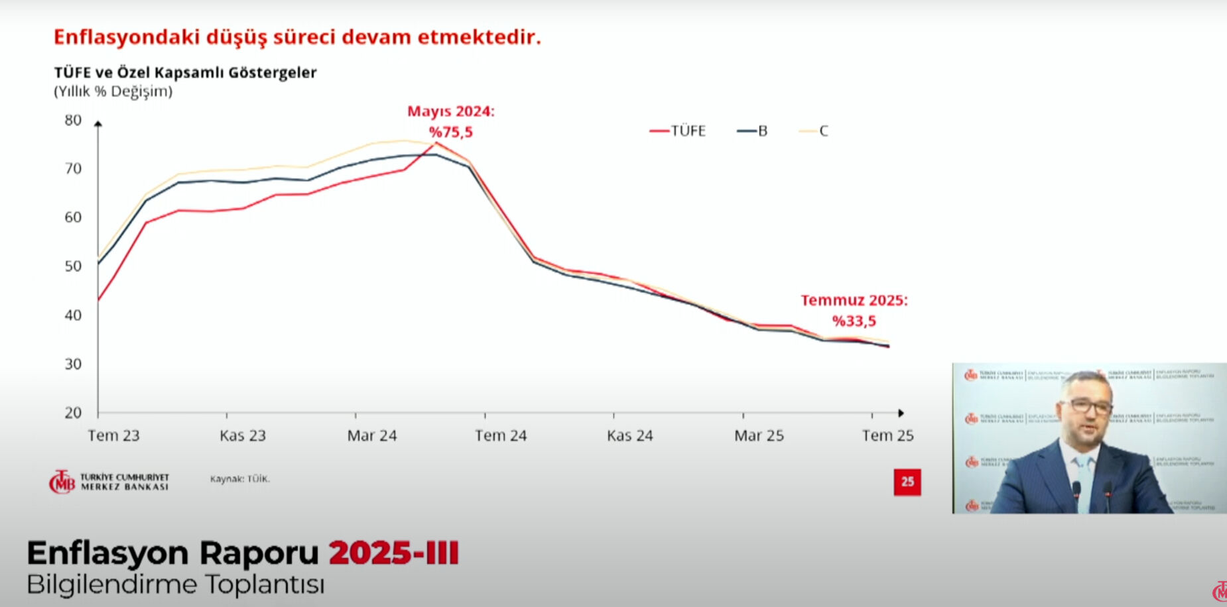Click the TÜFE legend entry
point(678,131)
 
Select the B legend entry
point(753,131)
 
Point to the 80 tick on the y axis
point(73,120)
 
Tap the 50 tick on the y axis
point(73,266)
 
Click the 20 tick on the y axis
point(73,413)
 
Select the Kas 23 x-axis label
point(242,435)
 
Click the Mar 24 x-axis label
point(371,435)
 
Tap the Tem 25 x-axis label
point(887,435)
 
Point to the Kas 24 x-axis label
point(629,435)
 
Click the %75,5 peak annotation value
point(451,132)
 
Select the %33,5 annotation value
point(854,321)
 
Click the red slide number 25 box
point(907,482)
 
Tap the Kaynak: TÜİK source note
point(239,478)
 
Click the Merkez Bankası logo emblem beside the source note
point(62,482)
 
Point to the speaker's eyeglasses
point(1086,405)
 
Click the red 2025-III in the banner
point(394,553)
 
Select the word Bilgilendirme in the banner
point(112,584)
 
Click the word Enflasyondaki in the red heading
point(126,36)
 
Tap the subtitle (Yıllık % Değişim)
point(113,91)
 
